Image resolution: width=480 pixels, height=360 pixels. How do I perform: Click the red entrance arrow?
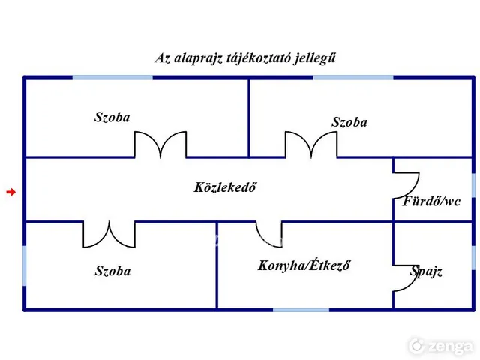click(x=11, y=192)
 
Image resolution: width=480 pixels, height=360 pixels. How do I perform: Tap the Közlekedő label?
click(x=225, y=187)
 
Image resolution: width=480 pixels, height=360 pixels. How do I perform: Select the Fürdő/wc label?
click(x=431, y=201)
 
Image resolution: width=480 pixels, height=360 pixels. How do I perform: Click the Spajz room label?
click(x=426, y=271)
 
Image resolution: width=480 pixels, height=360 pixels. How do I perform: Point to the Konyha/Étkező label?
click(x=304, y=265)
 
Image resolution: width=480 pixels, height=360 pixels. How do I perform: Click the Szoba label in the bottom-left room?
click(x=112, y=271)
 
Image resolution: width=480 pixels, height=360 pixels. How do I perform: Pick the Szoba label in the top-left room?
click(x=112, y=117)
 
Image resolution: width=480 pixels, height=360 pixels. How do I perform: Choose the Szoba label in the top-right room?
click(x=349, y=122)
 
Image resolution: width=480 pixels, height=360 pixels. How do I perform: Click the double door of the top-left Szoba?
click(x=160, y=132)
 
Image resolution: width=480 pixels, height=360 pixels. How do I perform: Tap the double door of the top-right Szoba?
click(x=311, y=132)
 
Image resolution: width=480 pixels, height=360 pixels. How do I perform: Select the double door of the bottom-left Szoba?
click(x=109, y=247)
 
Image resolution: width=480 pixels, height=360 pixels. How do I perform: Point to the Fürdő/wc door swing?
click(x=415, y=190)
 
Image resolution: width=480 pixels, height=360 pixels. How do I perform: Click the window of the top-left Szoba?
click(x=112, y=77)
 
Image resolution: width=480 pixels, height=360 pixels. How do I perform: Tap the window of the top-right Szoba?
click(x=353, y=77)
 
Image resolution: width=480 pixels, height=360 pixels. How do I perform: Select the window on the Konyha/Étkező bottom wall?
click(x=301, y=310)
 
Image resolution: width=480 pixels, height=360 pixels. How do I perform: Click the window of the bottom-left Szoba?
click(x=25, y=265)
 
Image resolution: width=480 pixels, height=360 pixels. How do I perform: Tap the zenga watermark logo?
click(x=441, y=346)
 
